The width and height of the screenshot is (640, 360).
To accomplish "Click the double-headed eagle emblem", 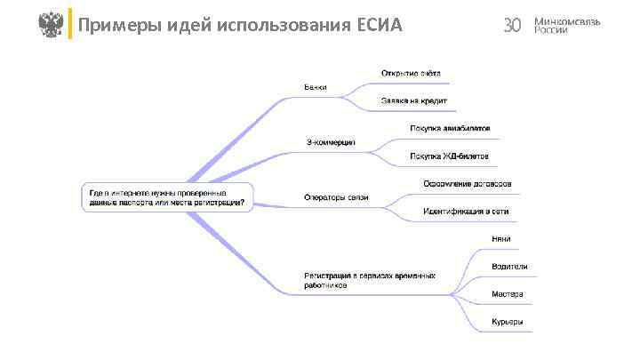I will point(52,24).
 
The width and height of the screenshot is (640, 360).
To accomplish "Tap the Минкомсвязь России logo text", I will point(566,25).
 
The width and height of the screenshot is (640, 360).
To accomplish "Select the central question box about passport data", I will point(168,197).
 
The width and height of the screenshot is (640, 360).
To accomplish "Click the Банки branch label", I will point(315,87).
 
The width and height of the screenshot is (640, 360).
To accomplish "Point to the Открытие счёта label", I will point(411,73).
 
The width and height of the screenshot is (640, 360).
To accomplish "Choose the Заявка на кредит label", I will point(414,100).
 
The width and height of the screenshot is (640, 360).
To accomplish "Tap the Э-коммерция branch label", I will point(331,142).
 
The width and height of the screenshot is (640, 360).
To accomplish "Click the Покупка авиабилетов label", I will point(450,128).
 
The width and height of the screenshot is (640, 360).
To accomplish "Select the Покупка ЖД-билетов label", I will point(449,156).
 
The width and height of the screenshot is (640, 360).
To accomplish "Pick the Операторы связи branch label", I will point(335,197).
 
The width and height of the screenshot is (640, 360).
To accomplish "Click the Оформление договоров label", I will point(467,184).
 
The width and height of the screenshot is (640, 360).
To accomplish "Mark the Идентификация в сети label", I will point(466,212).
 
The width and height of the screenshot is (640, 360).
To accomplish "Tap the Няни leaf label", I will point(500,238).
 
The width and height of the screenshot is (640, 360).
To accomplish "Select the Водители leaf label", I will point(509,266).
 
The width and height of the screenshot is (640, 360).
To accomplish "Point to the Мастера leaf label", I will point(507,294).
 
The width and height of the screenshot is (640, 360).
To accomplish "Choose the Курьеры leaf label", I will point(507,322).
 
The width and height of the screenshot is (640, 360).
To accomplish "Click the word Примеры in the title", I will point(113,25).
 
